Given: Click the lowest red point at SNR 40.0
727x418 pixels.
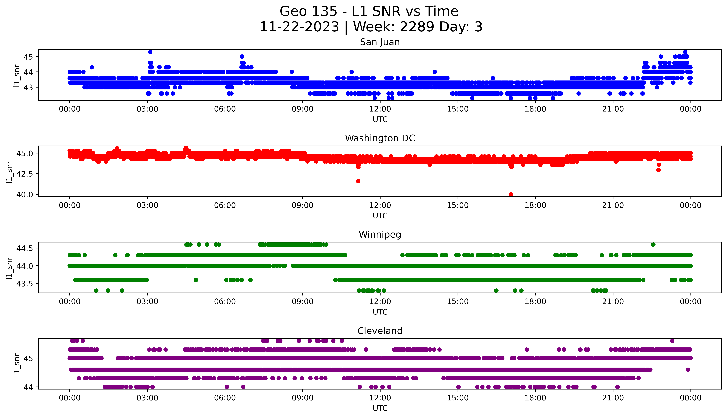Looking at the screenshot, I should pyautogui.click(x=511, y=194).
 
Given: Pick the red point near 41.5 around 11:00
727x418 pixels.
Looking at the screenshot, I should pyautogui.click(x=358, y=181).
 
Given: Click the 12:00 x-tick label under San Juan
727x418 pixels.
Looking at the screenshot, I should pyautogui.click(x=380, y=109).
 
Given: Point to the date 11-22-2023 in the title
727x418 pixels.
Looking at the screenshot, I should pyautogui.click(x=299, y=27).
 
